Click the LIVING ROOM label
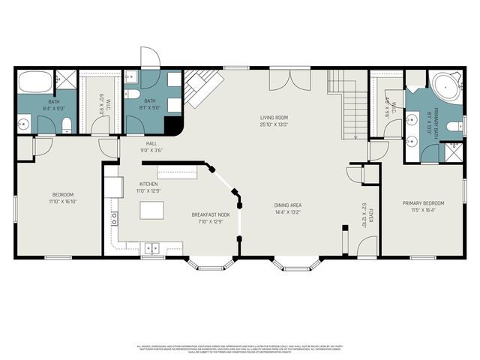point(274,118)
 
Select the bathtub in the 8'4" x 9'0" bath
point(34,80)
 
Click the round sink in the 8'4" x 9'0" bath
point(23,124)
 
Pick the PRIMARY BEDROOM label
point(423,203)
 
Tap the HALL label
point(151,143)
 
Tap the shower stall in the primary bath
point(454,152)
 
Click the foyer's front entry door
point(365,248)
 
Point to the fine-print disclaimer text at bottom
point(240,348)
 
